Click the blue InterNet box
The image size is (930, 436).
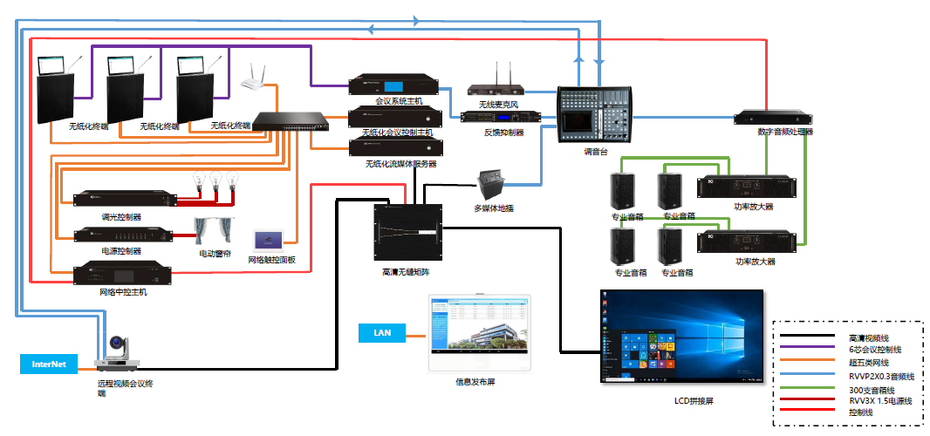click(49, 364)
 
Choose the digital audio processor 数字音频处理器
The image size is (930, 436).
click(773, 118)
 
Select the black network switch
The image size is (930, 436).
click(292, 121)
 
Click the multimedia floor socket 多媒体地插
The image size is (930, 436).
click(493, 186)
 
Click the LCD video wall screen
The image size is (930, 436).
click(681, 336)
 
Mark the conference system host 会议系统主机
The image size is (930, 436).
click(386, 86)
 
